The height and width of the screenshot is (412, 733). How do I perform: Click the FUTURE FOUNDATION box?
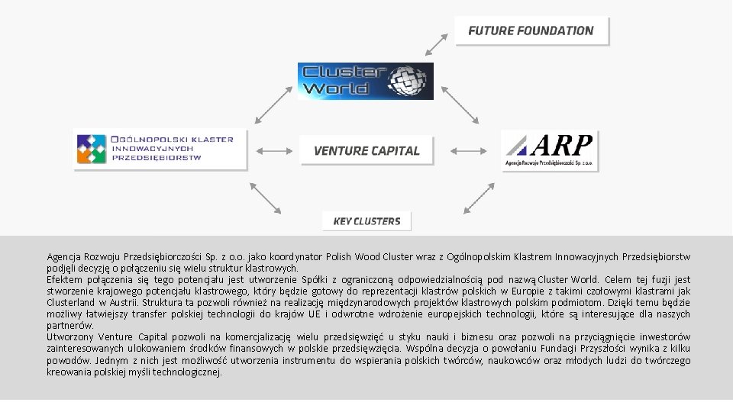tap(531, 31)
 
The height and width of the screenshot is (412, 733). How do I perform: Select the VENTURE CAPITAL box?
tap(366, 150)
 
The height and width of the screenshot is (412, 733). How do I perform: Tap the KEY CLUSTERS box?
tap(366, 221)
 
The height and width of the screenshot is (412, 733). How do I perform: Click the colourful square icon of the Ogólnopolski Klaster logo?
tap(91, 150)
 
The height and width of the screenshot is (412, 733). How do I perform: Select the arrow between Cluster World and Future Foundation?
tap(436, 43)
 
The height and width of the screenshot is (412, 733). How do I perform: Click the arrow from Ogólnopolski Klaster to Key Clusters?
tap(266, 198)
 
